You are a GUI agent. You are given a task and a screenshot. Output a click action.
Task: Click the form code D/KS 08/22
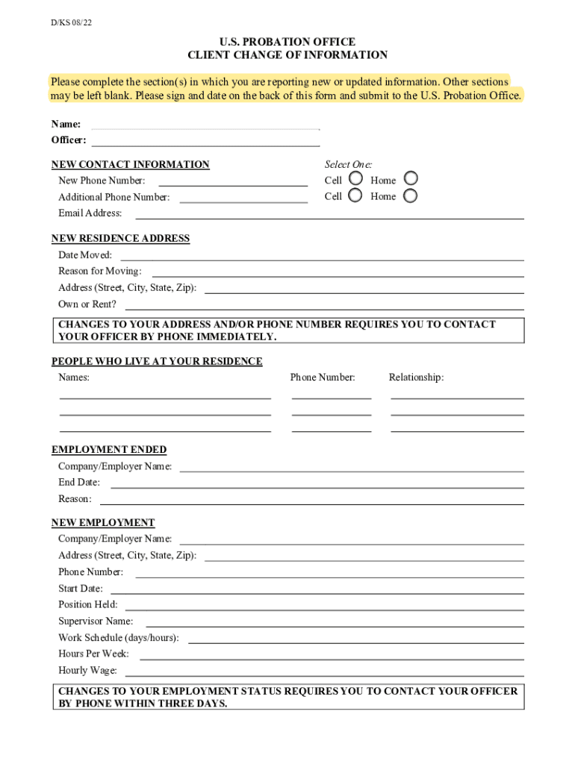coord(72,23)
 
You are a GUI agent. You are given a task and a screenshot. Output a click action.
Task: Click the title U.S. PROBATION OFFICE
coord(287,42)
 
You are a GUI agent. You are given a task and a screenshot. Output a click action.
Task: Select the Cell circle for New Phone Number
coord(355,179)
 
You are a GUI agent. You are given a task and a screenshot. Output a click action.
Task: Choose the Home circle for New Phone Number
coord(411,179)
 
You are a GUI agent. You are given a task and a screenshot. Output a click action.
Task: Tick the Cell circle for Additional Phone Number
coord(355,196)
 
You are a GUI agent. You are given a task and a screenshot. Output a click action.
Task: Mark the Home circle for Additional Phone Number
coord(411,196)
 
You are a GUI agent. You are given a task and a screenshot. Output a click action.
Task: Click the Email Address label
coord(90,213)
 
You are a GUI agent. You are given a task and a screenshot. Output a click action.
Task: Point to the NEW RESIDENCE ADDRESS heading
coord(120,239)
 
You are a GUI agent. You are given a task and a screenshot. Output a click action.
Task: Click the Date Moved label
coord(85,255)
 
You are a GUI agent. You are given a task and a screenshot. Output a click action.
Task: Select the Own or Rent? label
coord(87,304)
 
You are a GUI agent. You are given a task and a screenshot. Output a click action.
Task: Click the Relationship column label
coord(416,378)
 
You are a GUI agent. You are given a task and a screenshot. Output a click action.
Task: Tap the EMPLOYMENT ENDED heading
coord(109,450)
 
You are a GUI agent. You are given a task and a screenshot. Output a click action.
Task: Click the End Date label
coord(79,483)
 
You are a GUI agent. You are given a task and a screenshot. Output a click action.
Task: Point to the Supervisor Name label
coord(96,621)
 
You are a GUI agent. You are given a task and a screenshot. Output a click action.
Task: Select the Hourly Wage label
coord(87,671)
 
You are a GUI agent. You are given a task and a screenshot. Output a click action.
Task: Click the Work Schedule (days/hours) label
coord(118,638)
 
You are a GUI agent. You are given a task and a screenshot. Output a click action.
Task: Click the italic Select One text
coord(348,164)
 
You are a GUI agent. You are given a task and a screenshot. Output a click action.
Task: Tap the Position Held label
coord(87,605)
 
